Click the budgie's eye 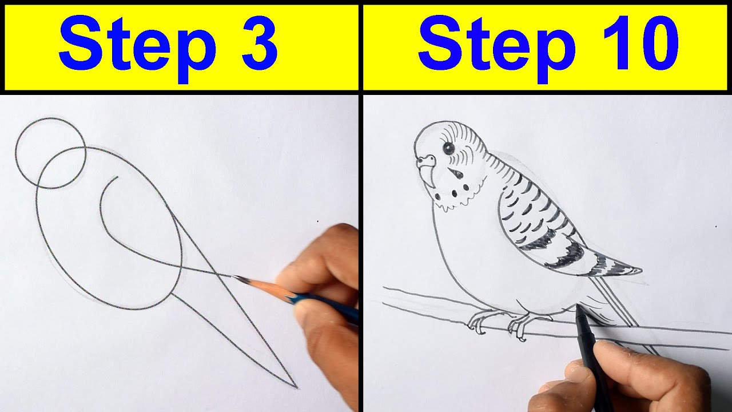(x=448, y=148)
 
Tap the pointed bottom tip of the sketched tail (x=296, y=387)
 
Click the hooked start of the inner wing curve (x=114, y=178)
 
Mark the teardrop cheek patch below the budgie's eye (x=456, y=174)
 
